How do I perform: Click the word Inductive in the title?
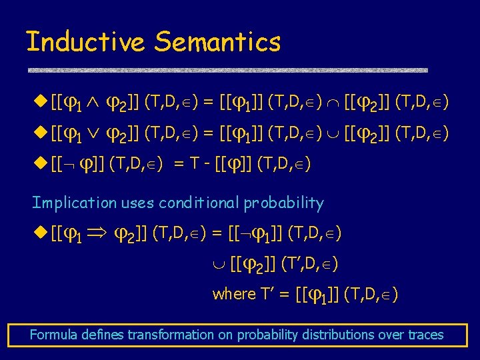(x=85, y=42)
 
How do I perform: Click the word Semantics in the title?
(x=217, y=42)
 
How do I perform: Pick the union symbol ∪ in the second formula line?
(x=333, y=135)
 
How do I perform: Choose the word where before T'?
(x=234, y=294)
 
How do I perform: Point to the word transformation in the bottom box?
(x=169, y=335)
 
